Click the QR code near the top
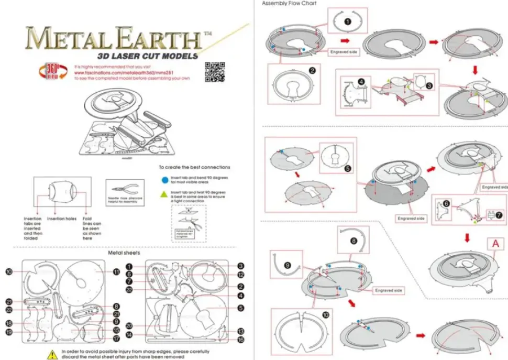(214, 71)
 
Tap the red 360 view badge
(48, 72)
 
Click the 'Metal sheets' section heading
(123, 253)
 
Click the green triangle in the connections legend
(165, 194)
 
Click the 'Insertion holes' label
(62, 219)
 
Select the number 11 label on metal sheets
(117, 271)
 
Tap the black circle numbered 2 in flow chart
(312, 70)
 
